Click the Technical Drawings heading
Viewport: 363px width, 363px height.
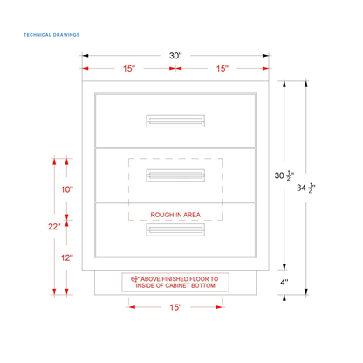pos(51,35)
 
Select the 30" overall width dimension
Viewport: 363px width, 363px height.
pos(175,56)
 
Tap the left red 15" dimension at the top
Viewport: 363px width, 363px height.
pos(129,69)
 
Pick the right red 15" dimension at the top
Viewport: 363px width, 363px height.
pos(223,69)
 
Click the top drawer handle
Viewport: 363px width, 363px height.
pos(175,121)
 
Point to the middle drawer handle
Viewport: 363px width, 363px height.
pos(175,175)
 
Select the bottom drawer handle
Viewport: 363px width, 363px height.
pos(175,229)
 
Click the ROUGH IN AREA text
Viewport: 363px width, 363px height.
pos(175,215)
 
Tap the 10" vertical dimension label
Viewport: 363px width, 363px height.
pos(67,189)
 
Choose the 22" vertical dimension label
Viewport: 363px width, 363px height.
pos(54,227)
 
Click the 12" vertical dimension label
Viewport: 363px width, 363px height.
pos(67,257)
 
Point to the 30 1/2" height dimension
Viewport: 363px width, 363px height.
pos(284,175)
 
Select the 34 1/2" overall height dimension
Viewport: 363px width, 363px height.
pos(306,188)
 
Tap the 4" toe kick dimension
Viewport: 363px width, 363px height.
pos(284,282)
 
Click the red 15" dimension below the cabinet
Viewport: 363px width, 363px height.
pos(175,307)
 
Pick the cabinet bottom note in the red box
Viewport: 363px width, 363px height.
pos(175,282)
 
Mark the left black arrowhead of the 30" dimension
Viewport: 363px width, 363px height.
pos(86,56)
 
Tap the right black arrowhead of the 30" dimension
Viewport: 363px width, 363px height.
pos(265,56)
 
